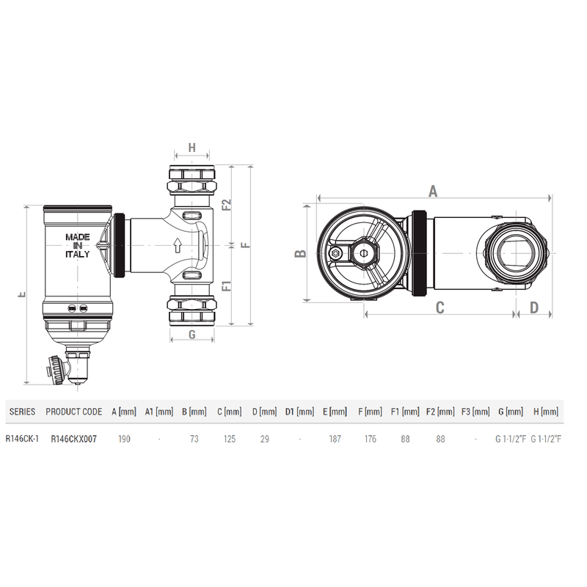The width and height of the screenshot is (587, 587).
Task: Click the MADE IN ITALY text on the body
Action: click(x=77, y=246)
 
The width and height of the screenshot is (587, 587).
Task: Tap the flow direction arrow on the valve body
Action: click(x=176, y=245)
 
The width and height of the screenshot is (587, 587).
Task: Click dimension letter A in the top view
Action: click(x=433, y=192)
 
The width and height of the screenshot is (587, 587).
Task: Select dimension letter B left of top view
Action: click(x=300, y=254)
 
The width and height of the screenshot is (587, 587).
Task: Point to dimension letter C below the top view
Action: click(x=440, y=308)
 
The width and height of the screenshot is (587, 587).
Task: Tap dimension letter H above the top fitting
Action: click(x=192, y=148)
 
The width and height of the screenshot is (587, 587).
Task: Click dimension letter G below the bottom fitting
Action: click(x=191, y=335)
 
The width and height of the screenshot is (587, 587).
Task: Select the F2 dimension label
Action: click(x=227, y=203)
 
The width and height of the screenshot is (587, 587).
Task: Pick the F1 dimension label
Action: click(x=227, y=285)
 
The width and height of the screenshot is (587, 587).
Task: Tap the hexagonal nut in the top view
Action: click(x=336, y=254)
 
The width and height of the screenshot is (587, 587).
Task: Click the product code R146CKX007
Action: click(x=73, y=440)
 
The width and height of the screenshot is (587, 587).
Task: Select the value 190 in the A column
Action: click(x=124, y=440)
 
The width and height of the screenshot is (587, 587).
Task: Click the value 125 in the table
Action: click(x=229, y=440)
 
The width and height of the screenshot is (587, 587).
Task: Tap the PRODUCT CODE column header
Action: click(x=73, y=412)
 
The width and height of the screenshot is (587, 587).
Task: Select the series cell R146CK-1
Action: click(x=21, y=440)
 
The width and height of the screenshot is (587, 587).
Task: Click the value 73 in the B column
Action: click(x=194, y=440)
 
